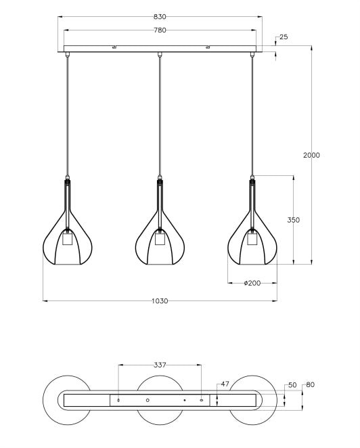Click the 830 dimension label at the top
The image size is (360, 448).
click(160, 16)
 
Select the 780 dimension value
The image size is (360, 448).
click(160, 30)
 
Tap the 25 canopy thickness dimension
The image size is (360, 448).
click(283, 37)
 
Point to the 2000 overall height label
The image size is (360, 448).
click(311, 156)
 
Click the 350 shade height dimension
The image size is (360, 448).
click(293, 220)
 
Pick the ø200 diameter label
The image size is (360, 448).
click(252, 283)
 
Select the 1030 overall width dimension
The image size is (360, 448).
click(160, 300)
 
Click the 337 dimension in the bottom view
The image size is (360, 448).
click(160, 365)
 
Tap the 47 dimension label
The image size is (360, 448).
click(225, 384)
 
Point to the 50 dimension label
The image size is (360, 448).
click(292, 384)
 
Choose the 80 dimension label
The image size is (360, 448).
click(310, 384)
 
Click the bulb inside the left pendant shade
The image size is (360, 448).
click(67, 239)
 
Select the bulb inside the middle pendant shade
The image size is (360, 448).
click(160, 239)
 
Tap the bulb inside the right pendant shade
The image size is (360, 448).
click(252, 239)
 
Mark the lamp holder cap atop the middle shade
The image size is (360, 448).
click(160, 181)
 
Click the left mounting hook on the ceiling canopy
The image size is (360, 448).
click(114, 47)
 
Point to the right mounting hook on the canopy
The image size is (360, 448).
click(208, 47)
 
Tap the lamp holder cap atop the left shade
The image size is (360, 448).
click(67, 181)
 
